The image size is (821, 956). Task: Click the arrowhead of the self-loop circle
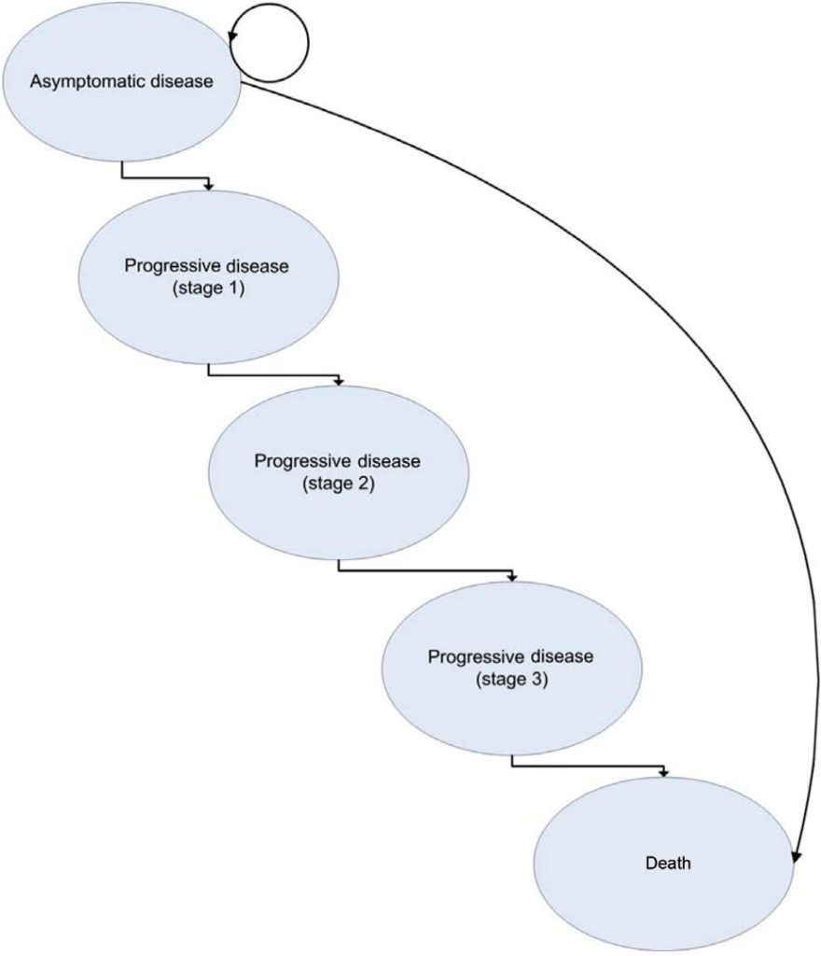click(x=234, y=36)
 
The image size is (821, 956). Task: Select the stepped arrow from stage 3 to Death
click(x=588, y=768)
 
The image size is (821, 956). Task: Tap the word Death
click(x=668, y=864)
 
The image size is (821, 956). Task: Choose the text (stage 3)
click(x=511, y=678)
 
